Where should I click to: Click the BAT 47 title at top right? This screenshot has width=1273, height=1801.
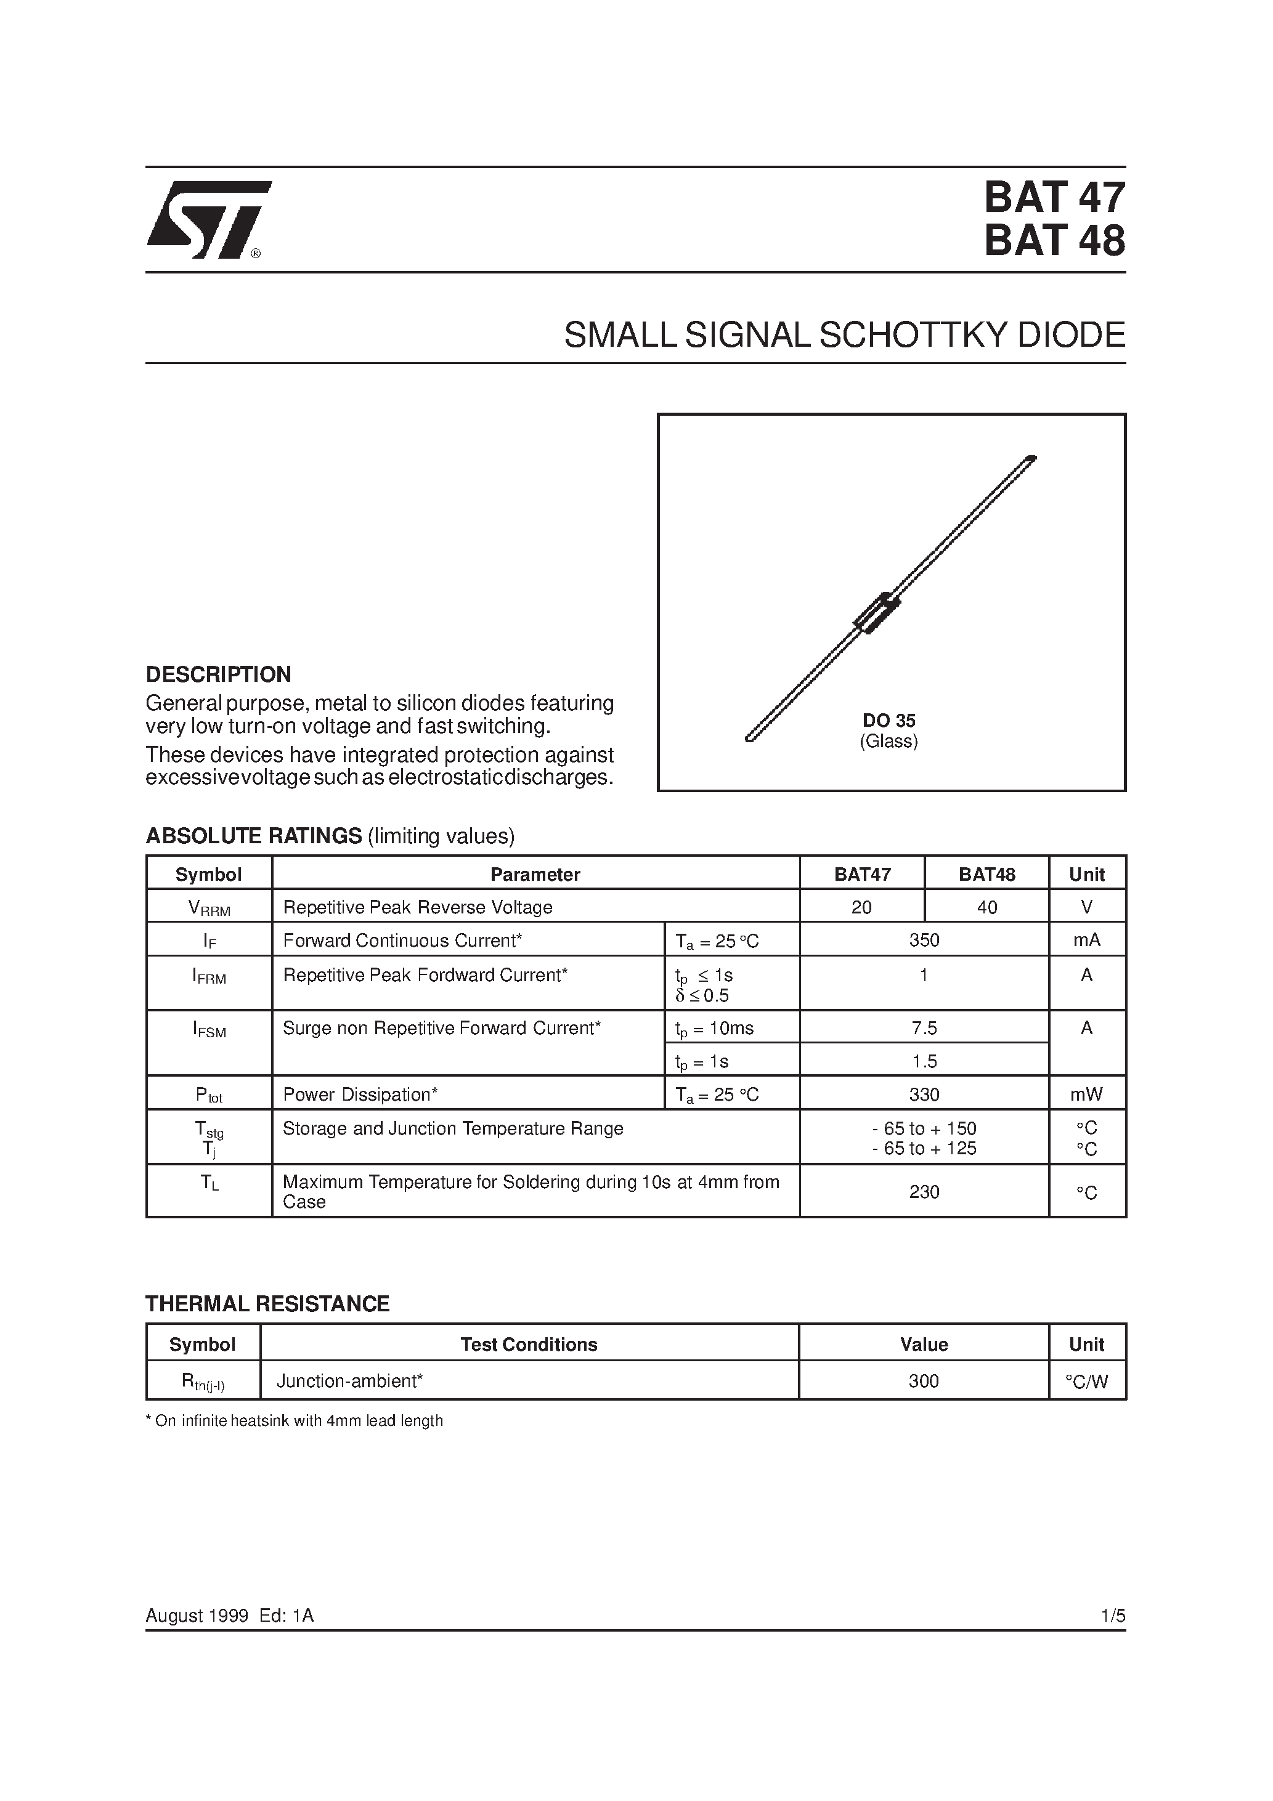click(x=1054, y=198)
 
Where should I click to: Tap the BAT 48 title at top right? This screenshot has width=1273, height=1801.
click(x=1054, y=241)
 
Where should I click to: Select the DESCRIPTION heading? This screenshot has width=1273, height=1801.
click(x=218, y=674)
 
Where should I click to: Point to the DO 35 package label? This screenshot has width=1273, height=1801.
click(x=889, y=720)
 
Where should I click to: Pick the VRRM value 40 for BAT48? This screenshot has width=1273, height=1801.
click(x=986, y=907)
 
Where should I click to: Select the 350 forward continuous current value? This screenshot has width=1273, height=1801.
click(x=924, y=941)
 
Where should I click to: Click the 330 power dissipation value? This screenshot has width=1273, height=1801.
click(x=924, y=1095)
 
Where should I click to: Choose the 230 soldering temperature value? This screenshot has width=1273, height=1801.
click(x=924, y=1192)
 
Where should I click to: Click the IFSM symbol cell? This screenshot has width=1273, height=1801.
click(x=209, y=1030)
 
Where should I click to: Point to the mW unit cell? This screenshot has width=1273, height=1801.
click(x=1086, y=1095)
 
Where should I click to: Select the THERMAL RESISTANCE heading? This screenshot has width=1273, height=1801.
click(x=267, y=1304)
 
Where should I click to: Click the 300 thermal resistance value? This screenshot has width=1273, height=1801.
click(x=924, y=1382)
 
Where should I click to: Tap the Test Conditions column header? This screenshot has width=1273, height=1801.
click(x=528, y=1345)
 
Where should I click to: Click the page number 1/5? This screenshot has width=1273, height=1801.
click(x=1113, y=1616)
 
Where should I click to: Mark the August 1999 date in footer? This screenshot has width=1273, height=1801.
click(x=196, y=1616)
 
